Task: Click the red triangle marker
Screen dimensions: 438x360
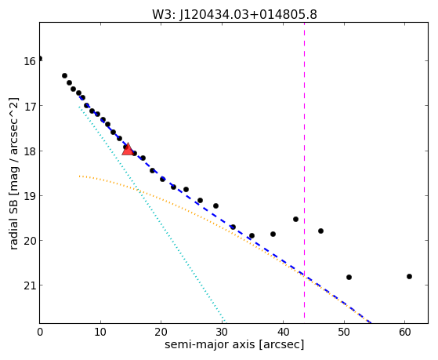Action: [128, 150]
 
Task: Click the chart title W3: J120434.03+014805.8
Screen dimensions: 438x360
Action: [234, 14]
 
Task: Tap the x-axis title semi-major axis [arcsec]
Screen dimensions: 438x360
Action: [234, 344]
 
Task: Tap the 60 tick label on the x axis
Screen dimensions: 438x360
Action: [405, 332]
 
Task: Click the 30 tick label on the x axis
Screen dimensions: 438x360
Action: [222, 332]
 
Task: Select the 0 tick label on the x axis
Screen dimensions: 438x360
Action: [40, 332]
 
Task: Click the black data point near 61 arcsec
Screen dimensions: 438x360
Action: [409, 276]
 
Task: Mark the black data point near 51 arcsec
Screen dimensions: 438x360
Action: [349, 277]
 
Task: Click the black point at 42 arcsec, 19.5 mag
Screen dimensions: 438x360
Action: [295, 219]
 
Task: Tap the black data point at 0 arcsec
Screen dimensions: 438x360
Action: [40, 59]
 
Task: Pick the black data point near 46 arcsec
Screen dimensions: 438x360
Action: [320, 231]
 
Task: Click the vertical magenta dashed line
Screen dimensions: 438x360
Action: [304, 170]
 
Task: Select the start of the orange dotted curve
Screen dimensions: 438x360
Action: [80, 176]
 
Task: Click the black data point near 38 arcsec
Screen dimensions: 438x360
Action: [273, 234]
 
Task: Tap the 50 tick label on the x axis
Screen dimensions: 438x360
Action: [344, 332]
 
